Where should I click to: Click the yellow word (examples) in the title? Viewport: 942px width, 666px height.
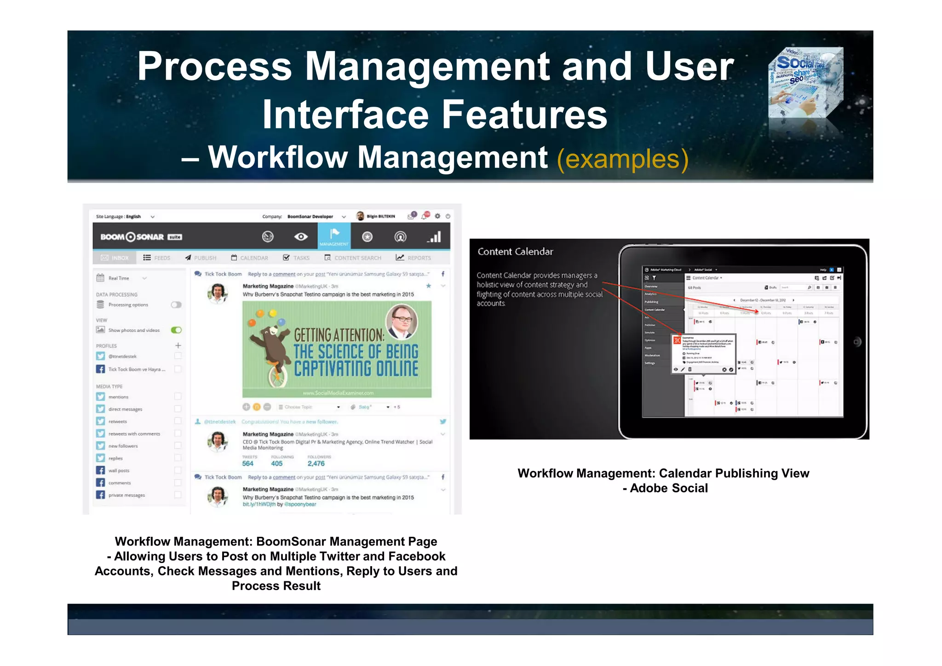[x=622, y=159]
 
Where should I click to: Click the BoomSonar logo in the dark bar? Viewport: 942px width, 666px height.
[x=141, y=237]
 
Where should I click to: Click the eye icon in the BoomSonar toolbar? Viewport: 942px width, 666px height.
[x=301, y=236]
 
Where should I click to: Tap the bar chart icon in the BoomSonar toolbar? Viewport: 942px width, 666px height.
[x=434, y=236]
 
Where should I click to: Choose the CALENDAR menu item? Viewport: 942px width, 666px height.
[x=249, y=258]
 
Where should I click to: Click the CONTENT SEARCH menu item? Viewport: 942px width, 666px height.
[x=353, y=258]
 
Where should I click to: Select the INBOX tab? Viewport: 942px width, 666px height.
[x=115, y=258]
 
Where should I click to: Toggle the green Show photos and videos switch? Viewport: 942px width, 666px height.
[x=176, y=330]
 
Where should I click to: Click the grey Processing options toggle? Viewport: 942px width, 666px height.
[x=176, y=304]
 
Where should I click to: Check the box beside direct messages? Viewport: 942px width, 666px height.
[x=178, y=408]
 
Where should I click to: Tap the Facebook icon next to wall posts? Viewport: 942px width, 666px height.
[x=100, y=470]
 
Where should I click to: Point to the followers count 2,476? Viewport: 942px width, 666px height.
[x=316, y=464]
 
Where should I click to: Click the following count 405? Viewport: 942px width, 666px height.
[x=277, y=464]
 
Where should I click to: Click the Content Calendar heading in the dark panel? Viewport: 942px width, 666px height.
[x=515, y=252]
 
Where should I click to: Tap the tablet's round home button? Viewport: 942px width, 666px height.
[x=856, y=342]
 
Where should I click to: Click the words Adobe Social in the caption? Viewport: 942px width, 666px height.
[x=669, y=488]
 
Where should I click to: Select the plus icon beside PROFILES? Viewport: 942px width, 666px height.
[x=178, y=345]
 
